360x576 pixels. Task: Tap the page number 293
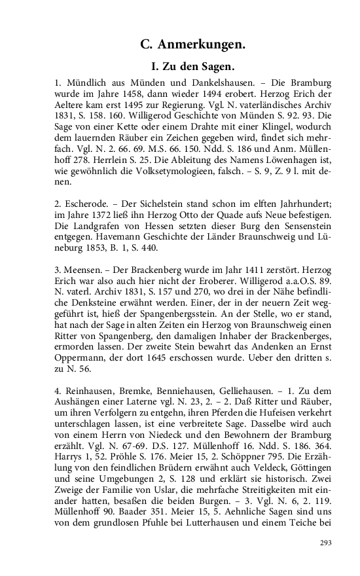point(326,543)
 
